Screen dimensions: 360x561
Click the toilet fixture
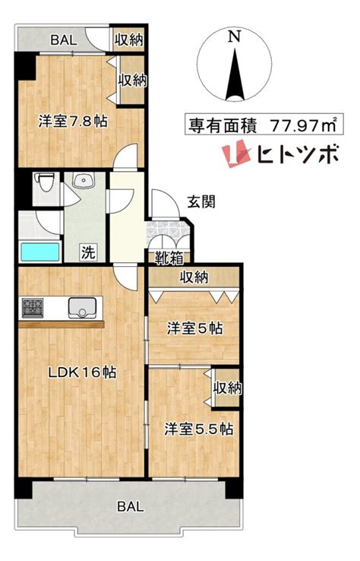click(46, 182)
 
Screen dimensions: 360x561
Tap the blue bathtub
click(40, 252)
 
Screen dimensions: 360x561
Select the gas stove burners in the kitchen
click(33, 308)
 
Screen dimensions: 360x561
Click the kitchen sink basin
click(83, 308)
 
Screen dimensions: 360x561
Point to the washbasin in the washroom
click(84, 180)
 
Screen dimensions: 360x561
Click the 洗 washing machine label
click(88, 252)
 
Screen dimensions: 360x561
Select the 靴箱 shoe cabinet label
click(169, 258)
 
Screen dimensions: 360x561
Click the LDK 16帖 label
click(83, 372)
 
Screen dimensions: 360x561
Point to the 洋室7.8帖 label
click(73, 122)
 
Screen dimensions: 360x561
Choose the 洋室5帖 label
click(195, 328)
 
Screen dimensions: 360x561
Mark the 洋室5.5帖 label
click(199, 429)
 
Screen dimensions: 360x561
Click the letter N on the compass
click(235, 36)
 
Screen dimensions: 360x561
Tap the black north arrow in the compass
click(235, 74)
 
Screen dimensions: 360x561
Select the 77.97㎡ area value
click(303, 125)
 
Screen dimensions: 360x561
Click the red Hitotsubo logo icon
click(235, 154)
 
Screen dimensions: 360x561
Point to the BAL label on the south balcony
click(131, 506)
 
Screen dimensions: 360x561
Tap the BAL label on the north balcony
click(64, 40)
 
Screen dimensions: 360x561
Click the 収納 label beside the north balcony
click(128, 40)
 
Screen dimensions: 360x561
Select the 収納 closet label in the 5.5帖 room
click(227, 388)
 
